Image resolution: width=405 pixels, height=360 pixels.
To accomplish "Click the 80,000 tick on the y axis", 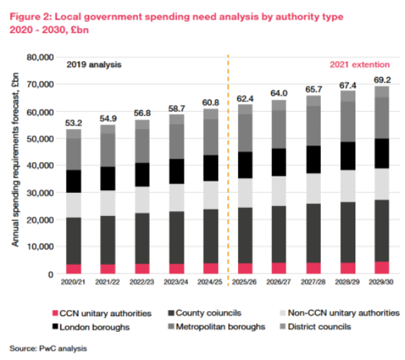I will tap(41, 57).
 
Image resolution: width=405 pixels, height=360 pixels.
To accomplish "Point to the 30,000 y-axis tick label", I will tap(41, 192).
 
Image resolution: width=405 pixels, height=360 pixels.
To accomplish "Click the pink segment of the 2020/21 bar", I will tap(74, 269).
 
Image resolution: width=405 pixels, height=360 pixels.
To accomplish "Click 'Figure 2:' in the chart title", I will tap(34, 16).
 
